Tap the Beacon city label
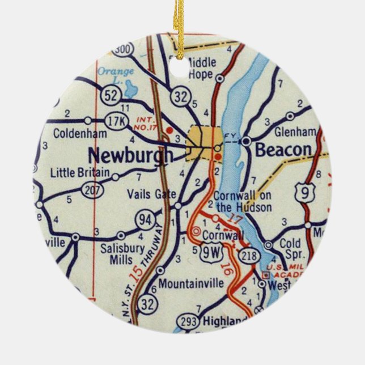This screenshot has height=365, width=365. click(283, 150)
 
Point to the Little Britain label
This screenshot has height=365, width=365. click(79, 172)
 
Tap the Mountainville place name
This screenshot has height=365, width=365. click(191, 284)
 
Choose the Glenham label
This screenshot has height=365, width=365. click(294, 131)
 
